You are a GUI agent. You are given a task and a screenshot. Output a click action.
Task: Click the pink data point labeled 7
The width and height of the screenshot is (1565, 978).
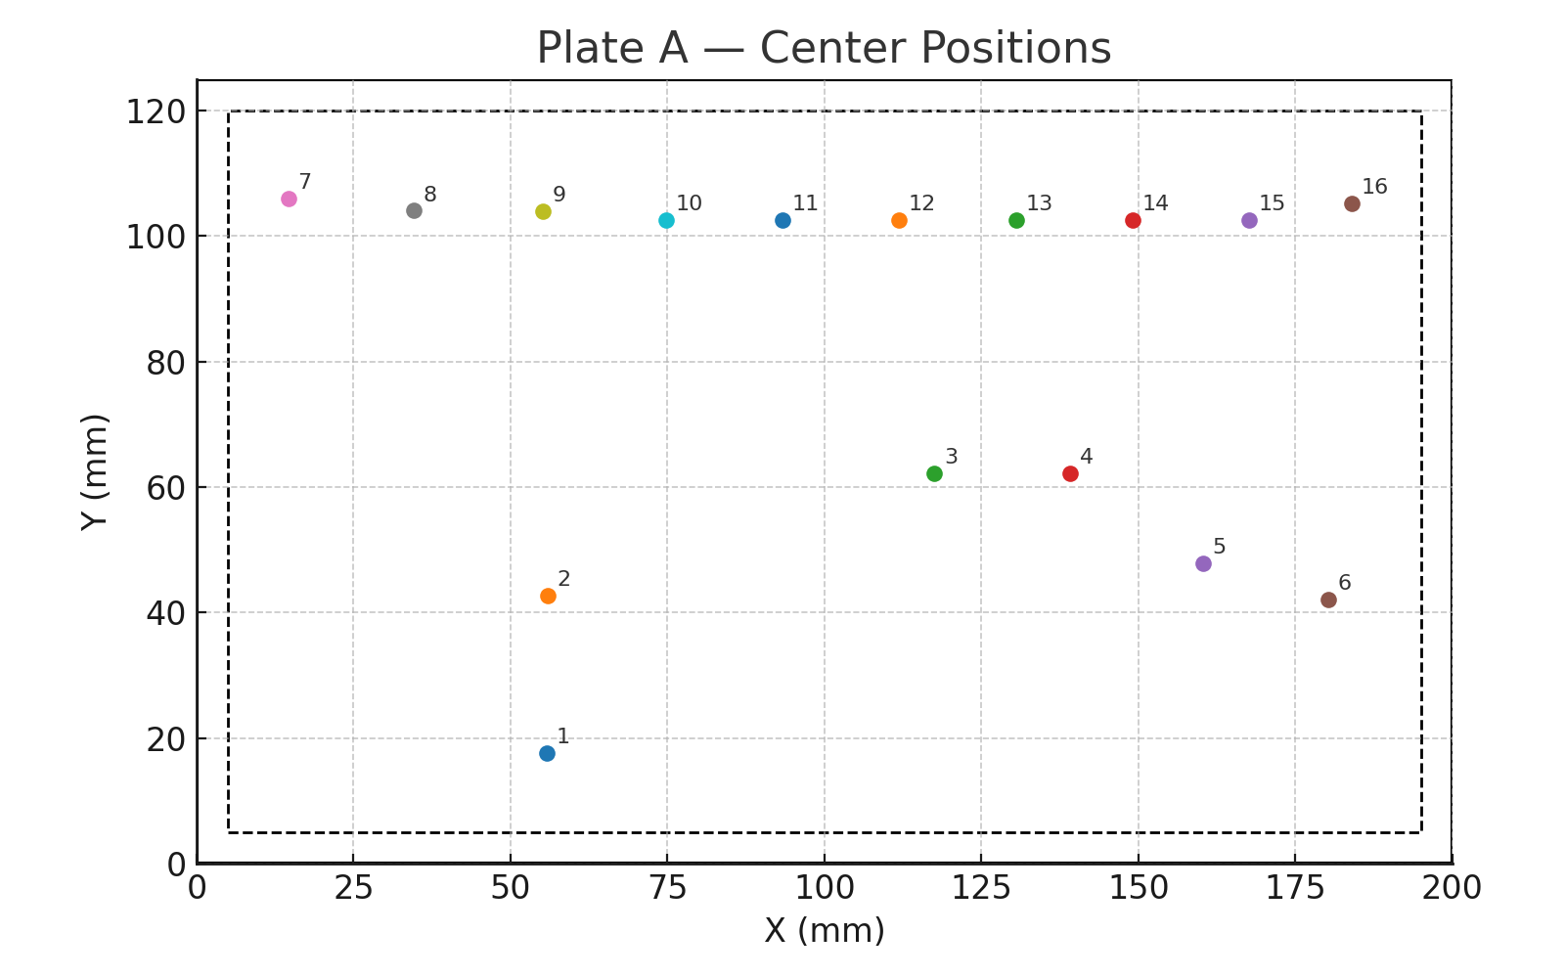289,200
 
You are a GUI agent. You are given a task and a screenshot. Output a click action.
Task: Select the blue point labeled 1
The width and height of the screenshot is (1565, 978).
547,753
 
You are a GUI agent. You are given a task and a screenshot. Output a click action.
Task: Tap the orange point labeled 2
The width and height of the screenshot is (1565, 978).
548,597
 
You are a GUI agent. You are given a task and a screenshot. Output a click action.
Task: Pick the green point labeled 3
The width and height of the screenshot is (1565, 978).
934,474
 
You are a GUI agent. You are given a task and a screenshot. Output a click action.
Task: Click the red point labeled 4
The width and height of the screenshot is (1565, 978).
1070,474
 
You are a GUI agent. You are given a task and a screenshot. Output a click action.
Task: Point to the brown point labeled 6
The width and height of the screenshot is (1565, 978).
1328,600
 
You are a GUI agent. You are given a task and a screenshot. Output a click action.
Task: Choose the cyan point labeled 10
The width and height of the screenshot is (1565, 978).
666,221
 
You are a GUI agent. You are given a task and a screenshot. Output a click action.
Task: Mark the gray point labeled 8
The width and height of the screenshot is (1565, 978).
414,211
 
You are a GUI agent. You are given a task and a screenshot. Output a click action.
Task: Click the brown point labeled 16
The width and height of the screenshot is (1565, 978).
1352,204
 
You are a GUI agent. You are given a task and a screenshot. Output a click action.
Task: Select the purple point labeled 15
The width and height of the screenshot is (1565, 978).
1249,221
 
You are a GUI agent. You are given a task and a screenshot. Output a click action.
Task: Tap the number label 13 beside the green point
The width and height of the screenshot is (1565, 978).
1039,203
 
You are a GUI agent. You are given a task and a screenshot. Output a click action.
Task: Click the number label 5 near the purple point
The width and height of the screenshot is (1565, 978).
1219,547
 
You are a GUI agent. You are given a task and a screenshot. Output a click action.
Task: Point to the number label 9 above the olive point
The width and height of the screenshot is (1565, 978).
559,195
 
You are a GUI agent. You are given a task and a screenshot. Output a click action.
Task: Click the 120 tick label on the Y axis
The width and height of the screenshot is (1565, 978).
156,112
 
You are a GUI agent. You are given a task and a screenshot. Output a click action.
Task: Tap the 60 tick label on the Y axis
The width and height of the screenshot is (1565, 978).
166,488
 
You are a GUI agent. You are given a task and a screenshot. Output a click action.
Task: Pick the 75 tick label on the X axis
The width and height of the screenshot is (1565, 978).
667,888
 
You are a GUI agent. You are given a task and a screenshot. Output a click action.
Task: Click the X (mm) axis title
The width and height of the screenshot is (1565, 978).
825,930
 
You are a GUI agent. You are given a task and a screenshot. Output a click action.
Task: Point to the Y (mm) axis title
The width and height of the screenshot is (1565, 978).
95,471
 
